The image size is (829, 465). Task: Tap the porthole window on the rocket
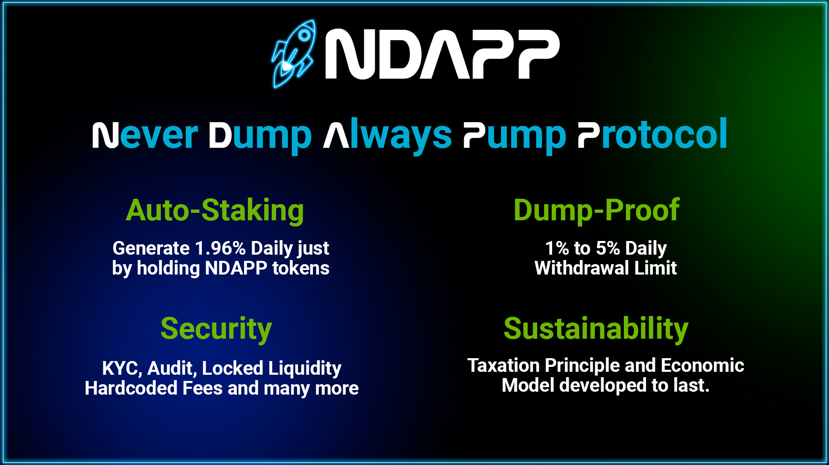[304, 35]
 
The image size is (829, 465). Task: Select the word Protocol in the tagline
[652, 134]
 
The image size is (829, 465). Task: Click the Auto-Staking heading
[215, 210]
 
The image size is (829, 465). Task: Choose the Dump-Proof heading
[596, 210]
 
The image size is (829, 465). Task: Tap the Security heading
[216, 329]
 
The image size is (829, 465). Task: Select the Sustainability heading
[596, 329]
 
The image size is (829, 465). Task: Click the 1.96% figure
[220, 248]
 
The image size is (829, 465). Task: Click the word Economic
[703, 365]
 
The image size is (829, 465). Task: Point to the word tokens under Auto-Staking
[301, 268]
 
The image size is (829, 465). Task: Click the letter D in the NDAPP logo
[398, 54]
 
